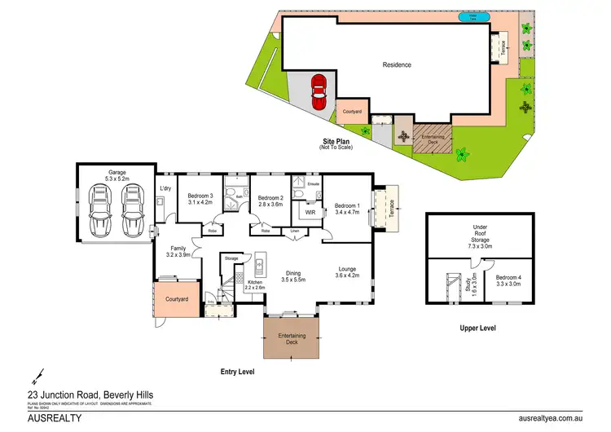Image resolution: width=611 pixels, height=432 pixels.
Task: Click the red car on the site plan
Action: [x=318, y=88]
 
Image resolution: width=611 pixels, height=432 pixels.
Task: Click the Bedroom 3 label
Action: [x=200, y=196]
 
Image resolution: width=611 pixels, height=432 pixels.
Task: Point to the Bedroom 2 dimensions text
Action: [x=270, y=205]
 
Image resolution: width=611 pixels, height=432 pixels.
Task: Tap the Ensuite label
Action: [x=313, y=185]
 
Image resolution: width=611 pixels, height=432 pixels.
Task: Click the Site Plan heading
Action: [x=336, y=140]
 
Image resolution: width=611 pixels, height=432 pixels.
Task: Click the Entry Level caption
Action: [x=238, y=372]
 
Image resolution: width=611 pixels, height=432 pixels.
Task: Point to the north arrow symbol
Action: [x=37, y=377]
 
